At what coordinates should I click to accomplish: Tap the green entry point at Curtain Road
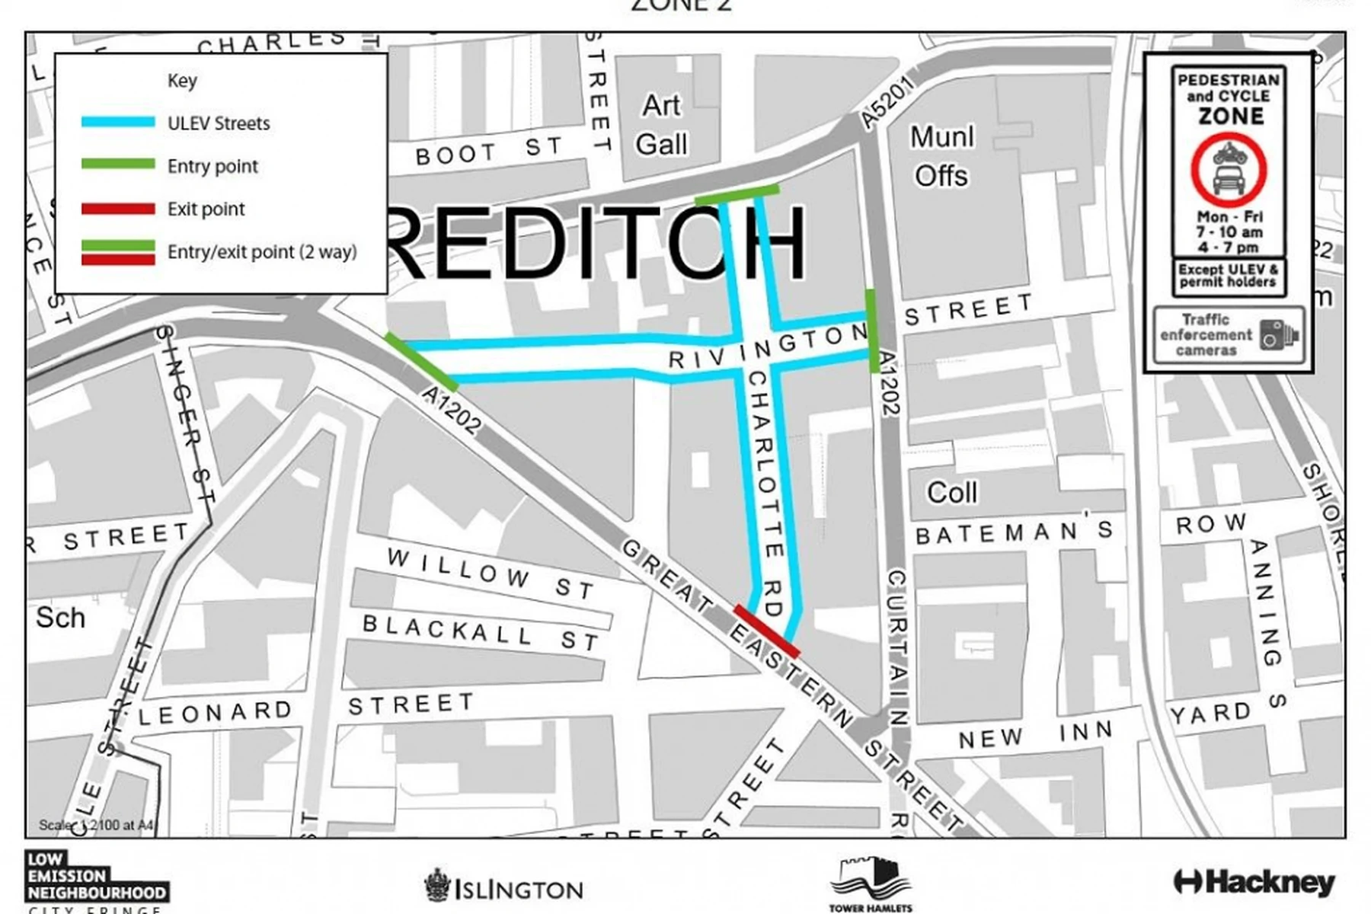coord(873,331)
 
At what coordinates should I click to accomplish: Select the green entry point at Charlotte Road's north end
coord(737,194)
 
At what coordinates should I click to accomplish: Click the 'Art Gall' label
coord(661,125)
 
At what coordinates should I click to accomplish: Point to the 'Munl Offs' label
coord(941,156)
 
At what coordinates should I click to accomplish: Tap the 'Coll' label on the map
coord(951,493)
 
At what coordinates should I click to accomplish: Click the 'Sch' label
coord(60,618)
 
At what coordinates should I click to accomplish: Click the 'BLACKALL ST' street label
coord(481,633)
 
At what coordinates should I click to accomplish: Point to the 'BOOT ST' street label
coord(488,150)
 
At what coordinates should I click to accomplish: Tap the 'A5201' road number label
coord(887,103)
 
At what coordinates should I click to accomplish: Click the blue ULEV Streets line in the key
coord(118,123)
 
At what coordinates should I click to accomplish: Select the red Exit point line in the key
coord(118,209)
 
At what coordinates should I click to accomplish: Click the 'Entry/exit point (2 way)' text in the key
coord(261,252)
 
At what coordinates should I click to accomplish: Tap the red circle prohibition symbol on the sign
coord(1229,171)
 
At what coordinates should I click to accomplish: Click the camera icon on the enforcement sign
coord(1277,335)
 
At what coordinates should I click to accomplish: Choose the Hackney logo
coord(1254,883)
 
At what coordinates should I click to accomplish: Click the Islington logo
coord(504,887)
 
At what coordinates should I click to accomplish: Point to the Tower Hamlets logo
coord(871,884)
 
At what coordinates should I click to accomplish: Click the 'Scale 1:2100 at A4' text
coord(96,825)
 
